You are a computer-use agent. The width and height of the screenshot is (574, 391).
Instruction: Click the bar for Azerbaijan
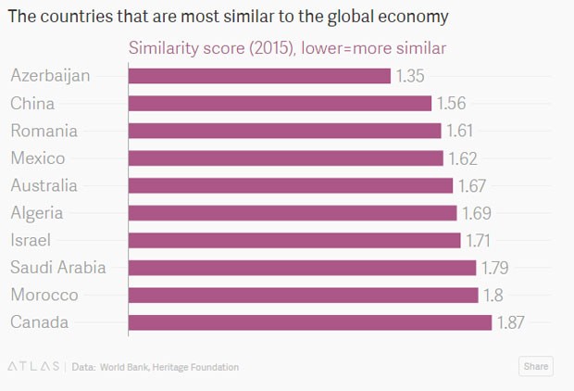click(x=259, y=76)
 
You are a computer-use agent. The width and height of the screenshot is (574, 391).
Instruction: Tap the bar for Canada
click(x=309, y=322)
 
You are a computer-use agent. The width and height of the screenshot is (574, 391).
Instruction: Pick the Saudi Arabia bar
click(x=302, y=268)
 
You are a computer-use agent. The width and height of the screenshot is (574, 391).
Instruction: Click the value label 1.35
click(x=410, y=76)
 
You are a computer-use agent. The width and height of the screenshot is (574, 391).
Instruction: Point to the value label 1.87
click(x=512, y=322)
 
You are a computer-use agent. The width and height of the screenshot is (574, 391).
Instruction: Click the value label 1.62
click(x=462, y=158)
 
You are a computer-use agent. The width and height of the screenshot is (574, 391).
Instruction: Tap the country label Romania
click(x=44, y=131)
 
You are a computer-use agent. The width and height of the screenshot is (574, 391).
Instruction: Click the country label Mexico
click(x=38, y=158)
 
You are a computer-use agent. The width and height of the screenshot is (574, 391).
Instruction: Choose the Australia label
click(x=44, y=185)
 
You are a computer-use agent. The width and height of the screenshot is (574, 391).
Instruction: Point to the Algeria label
click(x=37, y=213)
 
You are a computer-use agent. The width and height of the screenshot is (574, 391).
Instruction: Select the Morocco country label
click(x=44, y=296)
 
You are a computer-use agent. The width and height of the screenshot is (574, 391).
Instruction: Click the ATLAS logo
click(x=34, y=367)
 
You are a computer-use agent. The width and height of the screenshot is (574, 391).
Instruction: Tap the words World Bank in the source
click(x=125, y=367)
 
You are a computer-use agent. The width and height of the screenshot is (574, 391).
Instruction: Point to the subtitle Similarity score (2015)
click(x=207, y=48)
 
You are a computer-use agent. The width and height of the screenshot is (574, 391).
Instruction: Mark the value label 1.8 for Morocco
click(x=493, y=296)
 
